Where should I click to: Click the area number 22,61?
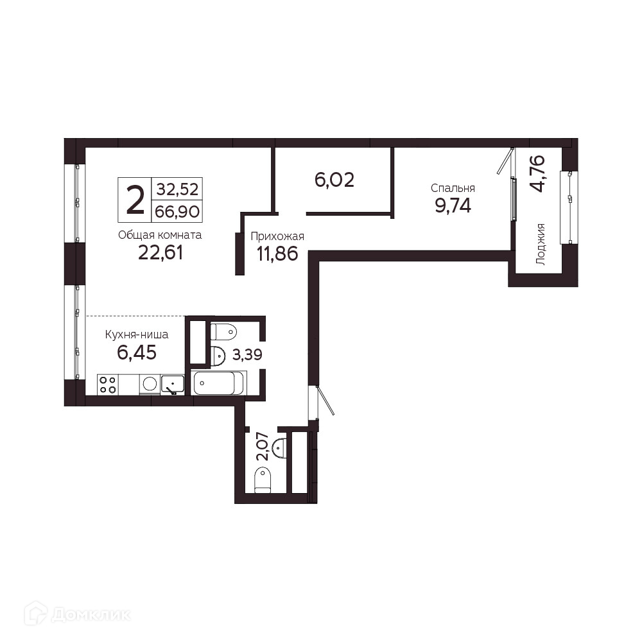click(x=160, y=252)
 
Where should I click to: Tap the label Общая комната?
click(x=160, y=235)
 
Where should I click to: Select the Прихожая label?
click(x=277, y=237)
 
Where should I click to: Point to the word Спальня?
click(x=453, y=188)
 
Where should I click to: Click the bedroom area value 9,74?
click(x=453, y=205)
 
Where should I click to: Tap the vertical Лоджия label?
click(x=541, y=244)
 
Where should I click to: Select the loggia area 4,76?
click(x=537, y=173)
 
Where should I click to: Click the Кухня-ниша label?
click(x=137, y=334)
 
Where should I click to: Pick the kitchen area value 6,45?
click(x=137, y=352)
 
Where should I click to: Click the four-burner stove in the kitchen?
click(x=108, y=385)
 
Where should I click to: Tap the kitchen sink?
click(x=172, y=385)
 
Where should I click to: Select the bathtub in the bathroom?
click(x=219, y=383)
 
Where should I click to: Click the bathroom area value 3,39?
click(x=247, y=354)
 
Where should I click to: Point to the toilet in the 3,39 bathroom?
click(x=223, y=332)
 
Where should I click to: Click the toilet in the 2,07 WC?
click(x=263, y=481)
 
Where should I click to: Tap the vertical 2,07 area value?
click(x=263, y=446)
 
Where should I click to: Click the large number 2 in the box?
click(x=135, y=200)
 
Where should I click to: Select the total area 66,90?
click(x=177, y=212)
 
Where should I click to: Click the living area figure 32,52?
click(x=177, y=189)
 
